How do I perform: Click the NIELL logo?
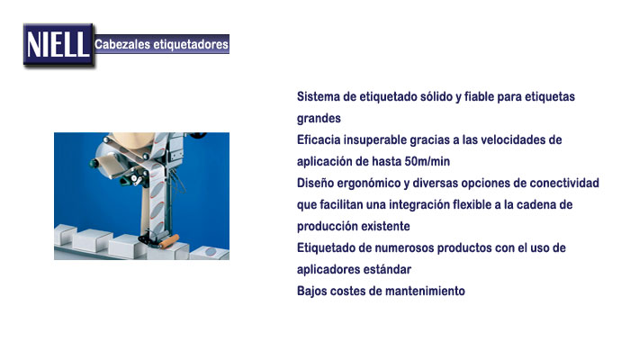tap(58, 45)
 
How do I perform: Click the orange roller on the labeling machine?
tap(169, 241)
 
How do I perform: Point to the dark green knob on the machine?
tap(94, 163)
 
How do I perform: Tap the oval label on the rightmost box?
tap(211, 252)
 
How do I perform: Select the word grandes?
tap(319, 119)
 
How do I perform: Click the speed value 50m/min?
tap(427, 161)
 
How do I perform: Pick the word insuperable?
tap(375, 139)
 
